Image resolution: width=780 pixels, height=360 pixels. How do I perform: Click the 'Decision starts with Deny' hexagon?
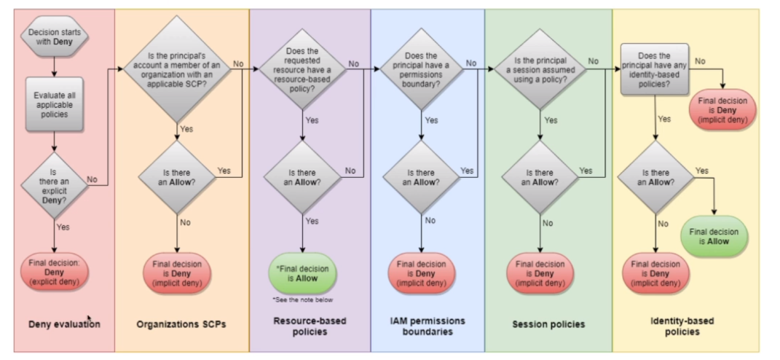coord(55,36)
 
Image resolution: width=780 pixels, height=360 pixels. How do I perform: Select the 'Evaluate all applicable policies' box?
coord(55,102)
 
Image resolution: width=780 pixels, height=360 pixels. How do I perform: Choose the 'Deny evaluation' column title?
coord(65,324)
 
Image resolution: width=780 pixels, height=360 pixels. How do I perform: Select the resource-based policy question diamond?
coord(302,68)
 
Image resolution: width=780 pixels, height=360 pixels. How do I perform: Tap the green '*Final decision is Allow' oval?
coord(302,271)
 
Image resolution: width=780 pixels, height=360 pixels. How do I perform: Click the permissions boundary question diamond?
coord(422,68)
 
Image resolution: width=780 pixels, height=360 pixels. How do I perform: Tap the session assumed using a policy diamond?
coord(540,68)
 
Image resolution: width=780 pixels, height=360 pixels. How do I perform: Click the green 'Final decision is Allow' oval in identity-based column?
coord(714,235)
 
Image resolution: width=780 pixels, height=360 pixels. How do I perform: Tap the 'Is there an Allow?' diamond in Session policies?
coord(540,177)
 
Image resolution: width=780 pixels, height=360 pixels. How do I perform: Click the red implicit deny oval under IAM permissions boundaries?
coord(422,271)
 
